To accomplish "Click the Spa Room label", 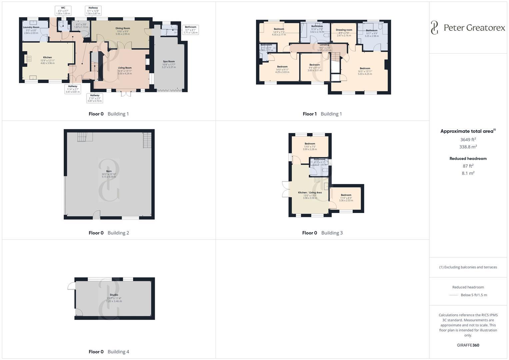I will click(169, 62).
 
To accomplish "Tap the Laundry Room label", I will click(31, 27).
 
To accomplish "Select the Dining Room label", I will click(123, 28).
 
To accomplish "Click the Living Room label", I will click(125, 68).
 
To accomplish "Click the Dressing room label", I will click(344, 30).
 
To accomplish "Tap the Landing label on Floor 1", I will click(324, 45).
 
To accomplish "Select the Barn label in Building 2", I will click(109, 171).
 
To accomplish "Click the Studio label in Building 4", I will click(114, 295).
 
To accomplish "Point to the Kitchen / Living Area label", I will click(310, 193).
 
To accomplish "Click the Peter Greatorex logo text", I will click(474, 28).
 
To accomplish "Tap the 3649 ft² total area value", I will click(468, 140).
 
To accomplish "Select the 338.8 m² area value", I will click(468, 147).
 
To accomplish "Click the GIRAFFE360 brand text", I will click(468, 345).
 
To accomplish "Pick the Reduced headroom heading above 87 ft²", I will click(468, 159).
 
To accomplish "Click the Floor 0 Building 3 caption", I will click(322, 233).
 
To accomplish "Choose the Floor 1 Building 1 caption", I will click(322, 114).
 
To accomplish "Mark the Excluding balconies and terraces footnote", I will click(468, 267).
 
